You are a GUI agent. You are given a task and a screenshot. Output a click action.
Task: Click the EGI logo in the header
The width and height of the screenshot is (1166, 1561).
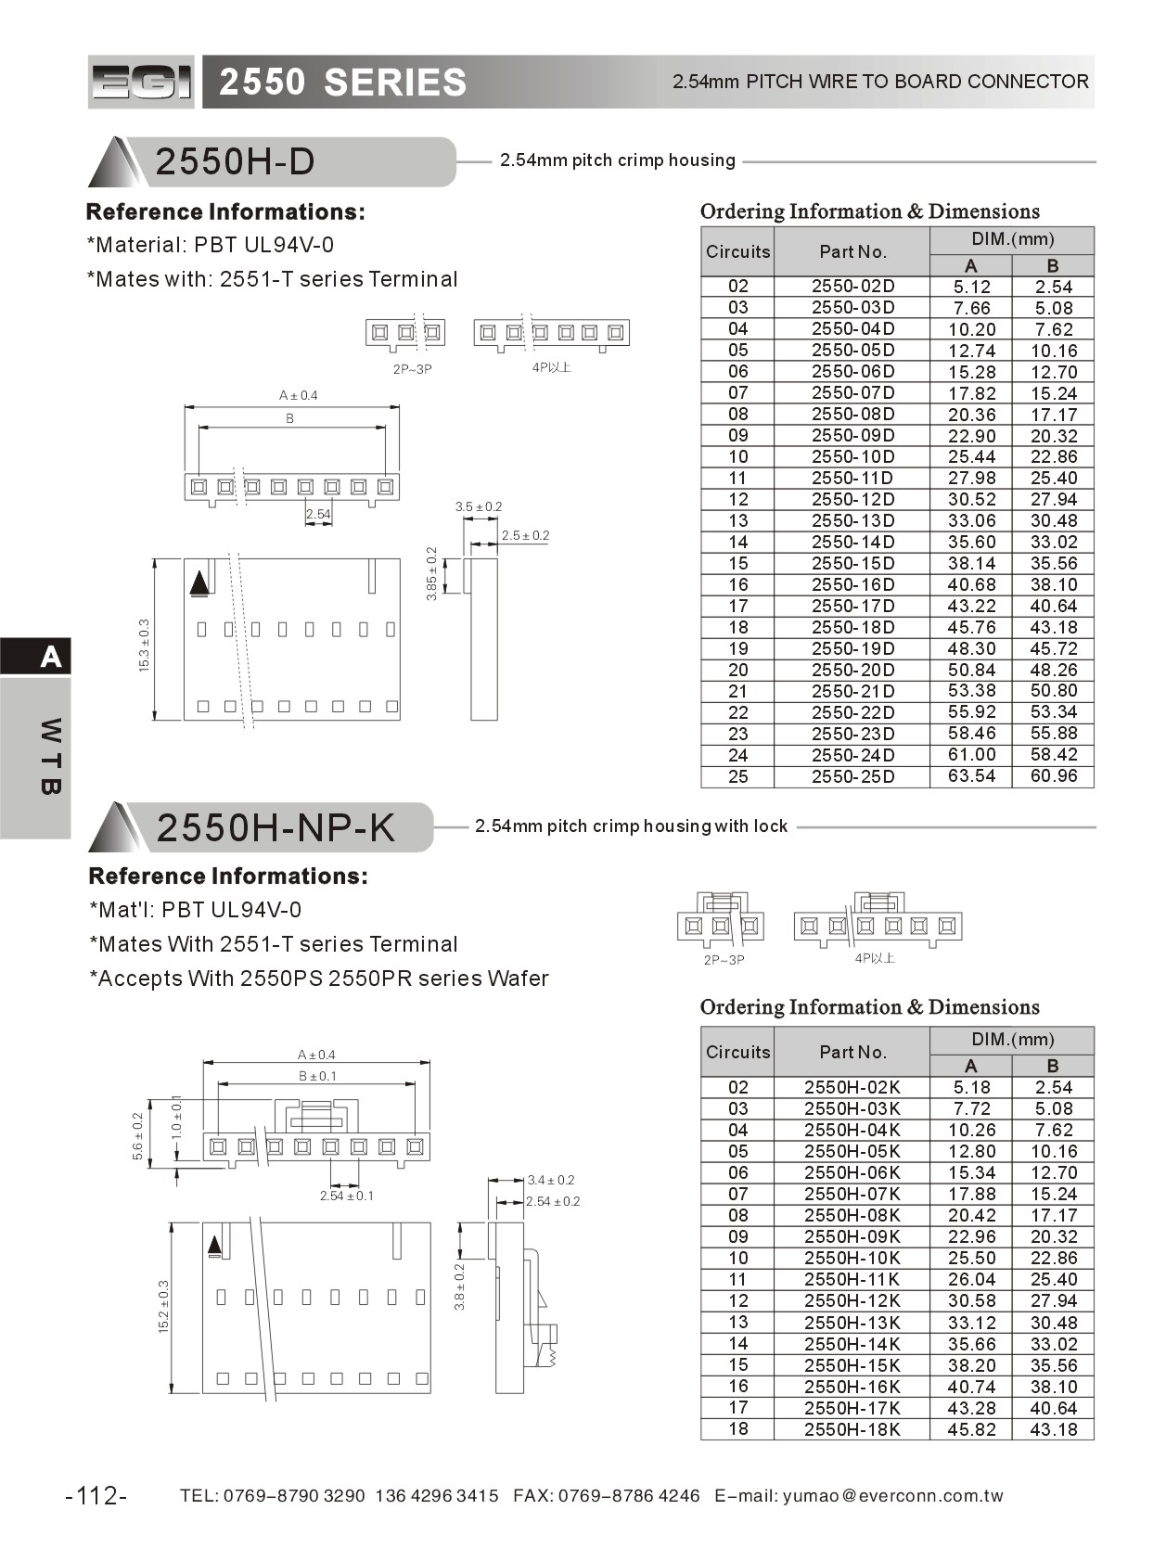click(x=141, y=83)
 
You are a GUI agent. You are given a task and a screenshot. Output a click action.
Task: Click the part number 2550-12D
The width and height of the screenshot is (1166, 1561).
click(x=852, y=499)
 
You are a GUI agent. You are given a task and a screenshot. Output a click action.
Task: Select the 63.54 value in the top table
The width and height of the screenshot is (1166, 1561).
click(x=971, y=776)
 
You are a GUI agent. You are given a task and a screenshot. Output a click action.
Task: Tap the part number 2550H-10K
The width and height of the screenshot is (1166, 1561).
click(x=852, y=1258)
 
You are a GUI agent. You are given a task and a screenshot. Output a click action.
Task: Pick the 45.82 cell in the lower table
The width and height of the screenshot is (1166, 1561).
click(x=971, y=1429)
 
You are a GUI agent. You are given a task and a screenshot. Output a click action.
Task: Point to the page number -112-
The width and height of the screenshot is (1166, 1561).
click(x=96, y=1495)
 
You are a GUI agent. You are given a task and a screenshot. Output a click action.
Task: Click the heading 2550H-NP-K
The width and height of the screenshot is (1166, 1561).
click(x=275, y=827)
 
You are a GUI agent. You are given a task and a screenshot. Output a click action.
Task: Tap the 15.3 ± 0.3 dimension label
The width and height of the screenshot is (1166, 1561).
click(x=144, y=646)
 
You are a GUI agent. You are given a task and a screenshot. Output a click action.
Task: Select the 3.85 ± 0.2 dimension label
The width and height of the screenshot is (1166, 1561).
click(x=431, y=573)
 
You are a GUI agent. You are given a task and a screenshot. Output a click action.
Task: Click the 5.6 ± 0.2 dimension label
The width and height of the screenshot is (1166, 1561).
click(x=138, y=1136)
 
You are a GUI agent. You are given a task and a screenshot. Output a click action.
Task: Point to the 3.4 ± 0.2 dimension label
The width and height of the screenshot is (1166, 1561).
click(x=551, y=1180)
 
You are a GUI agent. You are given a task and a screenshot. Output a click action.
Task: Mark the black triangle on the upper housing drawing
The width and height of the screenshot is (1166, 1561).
click(x=199, y=583)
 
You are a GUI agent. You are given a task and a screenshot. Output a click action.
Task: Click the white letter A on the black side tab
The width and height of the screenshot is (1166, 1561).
click(x=51, y=657)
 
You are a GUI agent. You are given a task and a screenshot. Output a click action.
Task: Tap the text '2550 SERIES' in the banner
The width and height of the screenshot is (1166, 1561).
click(x=342, y=83)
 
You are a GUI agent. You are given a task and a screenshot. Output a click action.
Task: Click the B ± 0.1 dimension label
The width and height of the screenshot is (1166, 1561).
click(x=317, y=1076)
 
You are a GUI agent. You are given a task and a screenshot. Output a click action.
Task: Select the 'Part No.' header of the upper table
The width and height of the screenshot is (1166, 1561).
click(x=852, y=251)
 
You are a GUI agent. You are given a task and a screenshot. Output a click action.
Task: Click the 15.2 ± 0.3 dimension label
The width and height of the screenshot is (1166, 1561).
click(x=164, y=1306)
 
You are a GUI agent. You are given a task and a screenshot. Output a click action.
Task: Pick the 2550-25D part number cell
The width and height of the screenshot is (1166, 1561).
click(x=852, y=776)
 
